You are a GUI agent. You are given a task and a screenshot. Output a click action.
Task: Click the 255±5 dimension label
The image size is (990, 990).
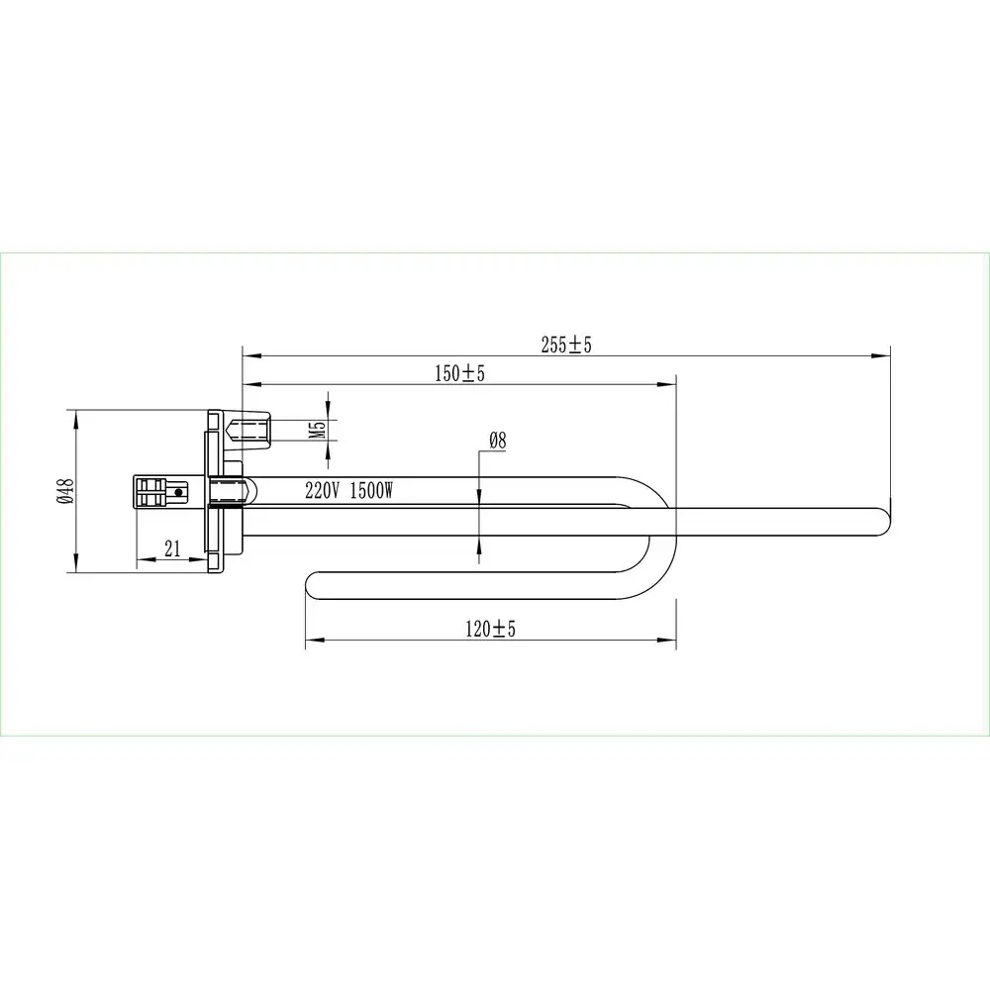pos(566,345)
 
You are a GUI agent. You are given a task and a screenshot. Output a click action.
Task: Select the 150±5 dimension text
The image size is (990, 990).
pos(459,374)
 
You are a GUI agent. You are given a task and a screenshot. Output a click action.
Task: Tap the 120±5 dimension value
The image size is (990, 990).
pos(491,629)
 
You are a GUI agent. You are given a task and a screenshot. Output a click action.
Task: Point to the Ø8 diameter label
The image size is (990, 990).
pos(498,441)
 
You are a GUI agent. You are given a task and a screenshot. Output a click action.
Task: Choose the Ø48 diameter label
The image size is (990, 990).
pos(65,491)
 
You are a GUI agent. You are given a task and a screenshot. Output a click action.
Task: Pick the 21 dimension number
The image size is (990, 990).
pos(172,548)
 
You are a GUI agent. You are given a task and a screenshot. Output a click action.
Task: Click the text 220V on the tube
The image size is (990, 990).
pos(322,491)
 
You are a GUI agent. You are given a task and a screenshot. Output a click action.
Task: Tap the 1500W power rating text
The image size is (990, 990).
pos(371,491)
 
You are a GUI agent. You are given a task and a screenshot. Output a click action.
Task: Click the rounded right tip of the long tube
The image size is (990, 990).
pos(884,522)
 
